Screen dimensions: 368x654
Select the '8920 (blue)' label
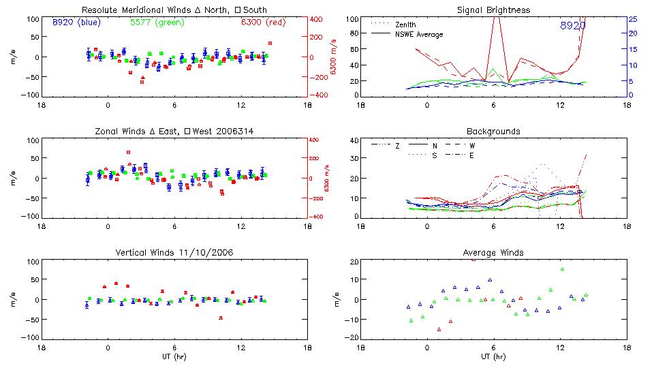coord(76,22)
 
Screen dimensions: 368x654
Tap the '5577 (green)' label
coord(155,22)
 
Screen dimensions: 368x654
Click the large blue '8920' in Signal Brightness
coord(572,26)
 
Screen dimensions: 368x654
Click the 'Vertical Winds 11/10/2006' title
coord(174,254)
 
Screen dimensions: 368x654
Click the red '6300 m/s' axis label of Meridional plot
coord(334,57)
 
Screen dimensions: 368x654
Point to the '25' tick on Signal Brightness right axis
coord(632,19)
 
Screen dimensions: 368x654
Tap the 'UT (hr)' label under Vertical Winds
coord(174,356)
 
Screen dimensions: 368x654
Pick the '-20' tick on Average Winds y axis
coord(352,337)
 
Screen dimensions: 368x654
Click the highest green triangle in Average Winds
coord(562,269)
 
